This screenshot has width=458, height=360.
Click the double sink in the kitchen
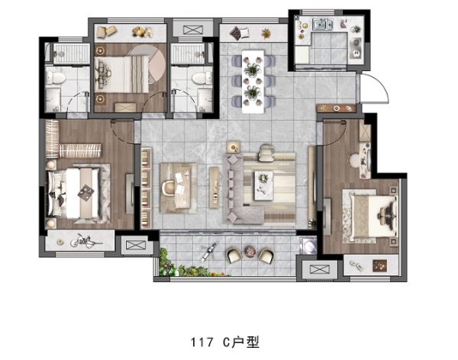[x=323, y=24]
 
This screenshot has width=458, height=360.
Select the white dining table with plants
[x=253, y=82]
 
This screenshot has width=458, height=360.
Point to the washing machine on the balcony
[x=309, y=246]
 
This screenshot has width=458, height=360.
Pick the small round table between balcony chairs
[x=250, y=251]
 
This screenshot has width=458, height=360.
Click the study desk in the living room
[x=178, y=188]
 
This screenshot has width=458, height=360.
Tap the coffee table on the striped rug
[x=264, y=185]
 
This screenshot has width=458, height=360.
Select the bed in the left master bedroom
[x=76, y=194]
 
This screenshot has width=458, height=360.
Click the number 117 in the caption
[x=202, y=342]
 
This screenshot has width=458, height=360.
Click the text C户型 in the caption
[x=241, y=342]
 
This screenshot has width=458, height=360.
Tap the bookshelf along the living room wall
[x=146, y=188]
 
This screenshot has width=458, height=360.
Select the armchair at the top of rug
[x=266, y=153]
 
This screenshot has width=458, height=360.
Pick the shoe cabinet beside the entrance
[x=336, y=108]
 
